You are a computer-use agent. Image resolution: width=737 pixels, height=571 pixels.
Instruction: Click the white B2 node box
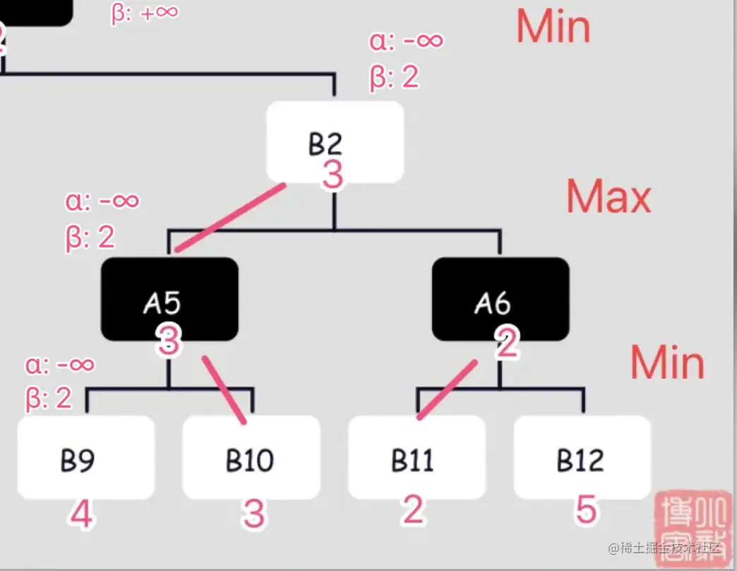click(335, 141)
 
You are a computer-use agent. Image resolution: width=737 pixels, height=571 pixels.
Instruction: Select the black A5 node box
click(169, 298)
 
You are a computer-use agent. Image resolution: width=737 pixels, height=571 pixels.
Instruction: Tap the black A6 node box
click(500, 298)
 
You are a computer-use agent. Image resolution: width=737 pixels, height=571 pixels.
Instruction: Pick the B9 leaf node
click(85, 457)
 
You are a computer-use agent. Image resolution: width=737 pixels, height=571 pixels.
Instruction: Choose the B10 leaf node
click(251, 457)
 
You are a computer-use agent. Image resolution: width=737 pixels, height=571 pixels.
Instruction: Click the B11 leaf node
click(417, 457)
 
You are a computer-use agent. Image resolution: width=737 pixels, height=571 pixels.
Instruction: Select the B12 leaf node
click(582, 457)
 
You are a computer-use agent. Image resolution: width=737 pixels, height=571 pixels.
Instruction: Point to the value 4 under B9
click(80, 514)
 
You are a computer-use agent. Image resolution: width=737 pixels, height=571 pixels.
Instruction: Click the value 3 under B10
click(253, 514)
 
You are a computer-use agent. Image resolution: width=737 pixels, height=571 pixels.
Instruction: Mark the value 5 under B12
click(585, 509)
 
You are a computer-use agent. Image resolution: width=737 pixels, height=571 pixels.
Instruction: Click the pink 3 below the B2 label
click(332, 175)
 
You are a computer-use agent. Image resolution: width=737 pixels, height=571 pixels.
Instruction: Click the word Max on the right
click(608, 197)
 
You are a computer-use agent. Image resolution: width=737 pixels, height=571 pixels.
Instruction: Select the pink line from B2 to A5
click(231, 218)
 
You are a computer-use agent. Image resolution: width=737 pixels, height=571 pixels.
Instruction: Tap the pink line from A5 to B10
click(224, 390)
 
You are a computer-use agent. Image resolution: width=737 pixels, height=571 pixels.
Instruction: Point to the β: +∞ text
click(144, 13)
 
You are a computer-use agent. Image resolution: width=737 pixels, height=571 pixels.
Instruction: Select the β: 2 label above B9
click(49, 399)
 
